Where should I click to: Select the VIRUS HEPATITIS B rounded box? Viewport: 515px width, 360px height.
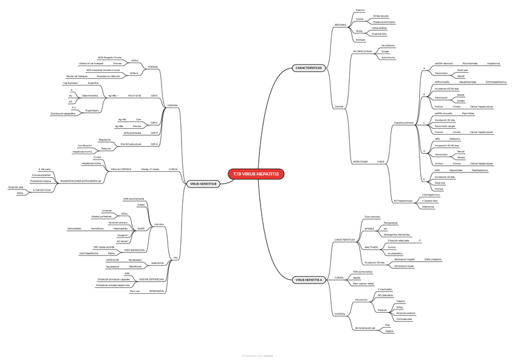(x=203, y=184)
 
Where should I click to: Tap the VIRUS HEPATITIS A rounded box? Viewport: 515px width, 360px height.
(x=309, y=280)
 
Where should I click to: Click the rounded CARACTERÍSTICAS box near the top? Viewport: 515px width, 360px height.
(x=309, y=67)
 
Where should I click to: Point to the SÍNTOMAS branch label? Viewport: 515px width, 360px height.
(x=340, y=25)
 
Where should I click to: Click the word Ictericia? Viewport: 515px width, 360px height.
(x=360, y=10)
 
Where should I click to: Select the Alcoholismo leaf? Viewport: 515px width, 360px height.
(x=387, y=45)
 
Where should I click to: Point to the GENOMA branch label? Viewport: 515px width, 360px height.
(x=172, y=105)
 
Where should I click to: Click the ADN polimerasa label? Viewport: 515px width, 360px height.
(x=132, y=132)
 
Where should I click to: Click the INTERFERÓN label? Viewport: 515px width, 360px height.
(x=157, y=291)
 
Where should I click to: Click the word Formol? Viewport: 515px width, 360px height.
(x=391, y=247)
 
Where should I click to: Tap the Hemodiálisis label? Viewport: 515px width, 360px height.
(x=74, y=228)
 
